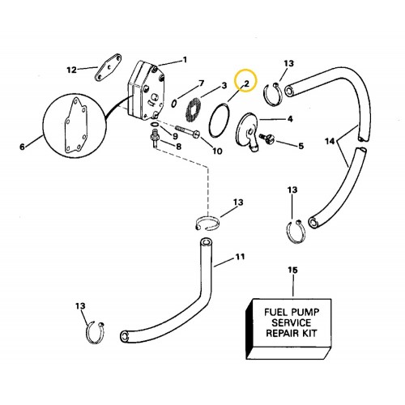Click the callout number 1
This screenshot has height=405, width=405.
click(185, 59)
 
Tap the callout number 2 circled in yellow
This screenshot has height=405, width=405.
click(246, 83)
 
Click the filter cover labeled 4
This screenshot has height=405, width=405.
click(248, 132)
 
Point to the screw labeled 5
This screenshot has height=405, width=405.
click(266, 138)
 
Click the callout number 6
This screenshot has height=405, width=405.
click(23, 147)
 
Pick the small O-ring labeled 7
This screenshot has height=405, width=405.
click(174, 104)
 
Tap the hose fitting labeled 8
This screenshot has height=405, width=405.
click(155, 138)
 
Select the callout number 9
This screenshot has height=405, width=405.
click(176, 136)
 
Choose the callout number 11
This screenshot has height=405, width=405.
click(240, 257)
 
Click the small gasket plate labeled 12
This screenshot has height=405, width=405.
click(108, 67)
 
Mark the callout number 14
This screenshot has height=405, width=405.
click(330, 141)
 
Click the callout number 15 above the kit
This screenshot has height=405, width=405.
click(292, 270)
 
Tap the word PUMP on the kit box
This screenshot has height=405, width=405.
click(305, 313)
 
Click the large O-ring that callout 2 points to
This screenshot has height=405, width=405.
click(220, 121)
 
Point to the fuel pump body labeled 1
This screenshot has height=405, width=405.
click(146, 92)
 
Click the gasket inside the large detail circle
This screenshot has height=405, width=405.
click(76, 126)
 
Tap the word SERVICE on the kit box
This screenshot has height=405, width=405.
click(292, 322)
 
